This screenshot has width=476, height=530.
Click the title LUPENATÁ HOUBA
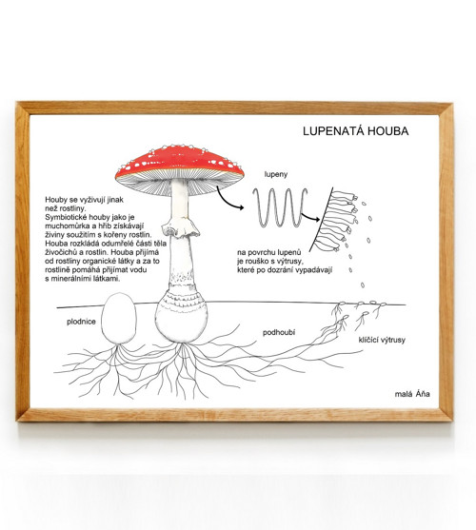[356, 130]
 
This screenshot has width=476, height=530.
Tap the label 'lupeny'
[276, 174]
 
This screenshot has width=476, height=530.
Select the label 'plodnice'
[81, 322]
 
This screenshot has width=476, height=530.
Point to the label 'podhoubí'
[279, 332]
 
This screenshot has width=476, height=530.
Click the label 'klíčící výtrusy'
[382, 340]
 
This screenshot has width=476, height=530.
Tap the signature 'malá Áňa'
[412, 394]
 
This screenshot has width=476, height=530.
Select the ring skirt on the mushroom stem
[180, 226]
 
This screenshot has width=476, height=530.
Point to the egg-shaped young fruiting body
[119, 319]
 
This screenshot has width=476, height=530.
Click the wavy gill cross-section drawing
[280, 206]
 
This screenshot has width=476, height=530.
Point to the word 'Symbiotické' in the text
[65, 217]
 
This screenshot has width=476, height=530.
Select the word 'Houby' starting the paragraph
[55, 200]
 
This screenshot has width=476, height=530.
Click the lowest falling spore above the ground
[363, 285]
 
